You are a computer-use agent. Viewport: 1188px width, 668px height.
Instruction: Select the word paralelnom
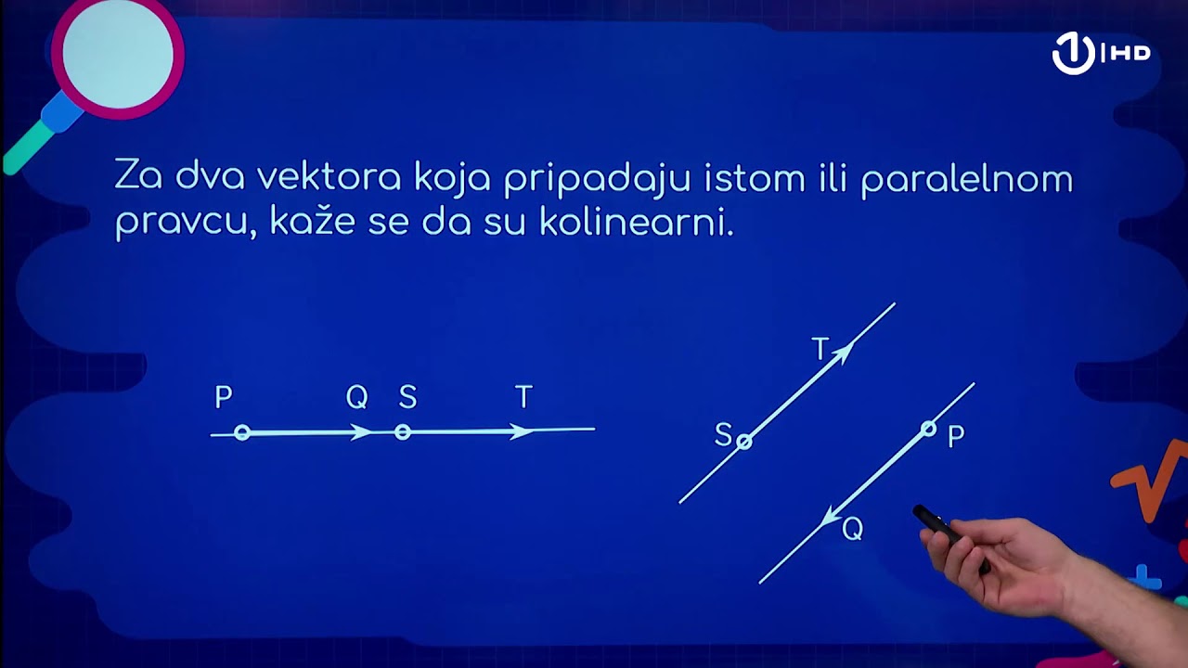(966, 179)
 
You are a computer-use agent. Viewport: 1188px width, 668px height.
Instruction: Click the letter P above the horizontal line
(223, 398)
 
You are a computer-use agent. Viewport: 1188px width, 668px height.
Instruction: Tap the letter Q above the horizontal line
(356, 398)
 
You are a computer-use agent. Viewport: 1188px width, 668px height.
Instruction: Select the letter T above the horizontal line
(523, 398)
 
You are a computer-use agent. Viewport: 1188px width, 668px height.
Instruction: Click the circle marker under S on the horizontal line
(402, 431)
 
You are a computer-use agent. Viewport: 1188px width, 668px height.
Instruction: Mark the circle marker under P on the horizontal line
(242, 432)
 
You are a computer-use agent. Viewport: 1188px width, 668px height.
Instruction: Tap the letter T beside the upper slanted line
(820, 350)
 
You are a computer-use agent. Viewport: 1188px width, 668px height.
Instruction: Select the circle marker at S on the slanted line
(743, 442)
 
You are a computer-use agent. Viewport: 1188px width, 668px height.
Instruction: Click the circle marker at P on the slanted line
(928, 428)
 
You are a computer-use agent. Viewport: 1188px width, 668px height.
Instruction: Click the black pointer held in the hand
(936, 523)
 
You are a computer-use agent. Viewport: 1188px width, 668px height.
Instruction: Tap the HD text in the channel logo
(1129, 54)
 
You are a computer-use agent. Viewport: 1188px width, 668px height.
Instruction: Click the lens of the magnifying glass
(117, 55)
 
